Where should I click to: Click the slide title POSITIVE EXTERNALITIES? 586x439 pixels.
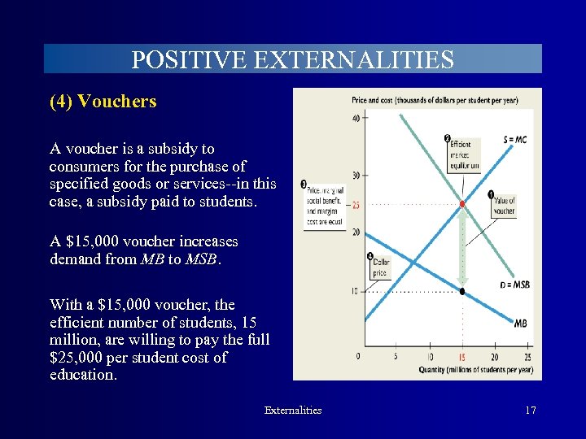point(292,59)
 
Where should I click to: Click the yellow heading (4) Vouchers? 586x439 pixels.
point(103,102)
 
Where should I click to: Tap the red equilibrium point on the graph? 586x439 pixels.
point(462,203)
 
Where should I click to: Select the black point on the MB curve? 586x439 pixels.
point(462,290)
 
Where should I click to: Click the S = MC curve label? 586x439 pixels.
point(514,140)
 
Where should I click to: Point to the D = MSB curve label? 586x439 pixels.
point(514,285)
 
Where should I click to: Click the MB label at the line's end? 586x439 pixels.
point(521,323)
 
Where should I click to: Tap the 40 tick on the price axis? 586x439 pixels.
point(356,118)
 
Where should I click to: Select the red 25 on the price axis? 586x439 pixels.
point(356,205)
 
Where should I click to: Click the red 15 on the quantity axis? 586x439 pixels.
point(462,356)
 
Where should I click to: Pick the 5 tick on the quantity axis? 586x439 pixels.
point(396,356)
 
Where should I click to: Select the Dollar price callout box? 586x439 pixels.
point(380,267)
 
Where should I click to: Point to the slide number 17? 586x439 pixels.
point(530,410)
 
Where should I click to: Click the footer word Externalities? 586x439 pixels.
point(293,410)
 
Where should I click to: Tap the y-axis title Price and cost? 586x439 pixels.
point(445,100)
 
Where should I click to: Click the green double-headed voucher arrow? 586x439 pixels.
point(462,246)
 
